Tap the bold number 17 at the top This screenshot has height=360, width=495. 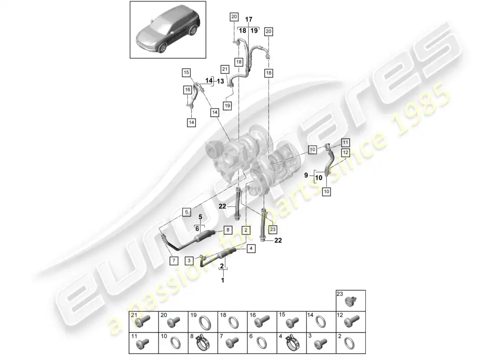point(249,20)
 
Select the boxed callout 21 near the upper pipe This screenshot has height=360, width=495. point(225,69)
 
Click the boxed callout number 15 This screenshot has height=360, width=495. point(186,72)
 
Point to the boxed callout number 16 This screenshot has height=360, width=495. point(188,90)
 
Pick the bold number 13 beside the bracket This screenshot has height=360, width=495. point(220,81)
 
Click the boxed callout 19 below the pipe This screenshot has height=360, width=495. point(227,105)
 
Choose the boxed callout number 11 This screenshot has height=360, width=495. point(345,142)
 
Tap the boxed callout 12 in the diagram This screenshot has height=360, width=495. point(346,153)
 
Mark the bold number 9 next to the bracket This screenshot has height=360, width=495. point(306,175)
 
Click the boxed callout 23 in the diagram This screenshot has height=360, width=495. point(273,229)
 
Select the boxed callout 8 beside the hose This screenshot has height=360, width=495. point(228,230)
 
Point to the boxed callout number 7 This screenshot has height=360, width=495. point(174,261)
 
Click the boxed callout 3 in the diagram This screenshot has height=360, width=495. point(189,261)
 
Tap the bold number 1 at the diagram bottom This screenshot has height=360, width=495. point(223,280)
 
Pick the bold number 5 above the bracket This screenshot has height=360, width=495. point(200,217)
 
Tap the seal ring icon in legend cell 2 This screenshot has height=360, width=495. point(349,343)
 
